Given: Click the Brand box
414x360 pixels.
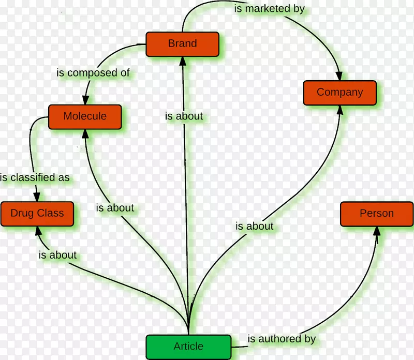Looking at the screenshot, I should (x=182, y=43).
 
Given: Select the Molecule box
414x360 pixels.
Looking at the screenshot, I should (x=85, y=116).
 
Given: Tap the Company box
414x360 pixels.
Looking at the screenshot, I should (x=339, y=93).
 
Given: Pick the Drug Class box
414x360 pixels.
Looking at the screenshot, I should (x=37, y=213).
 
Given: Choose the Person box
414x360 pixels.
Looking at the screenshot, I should (x=376, y=214).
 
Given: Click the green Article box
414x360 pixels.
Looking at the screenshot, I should (x=188, y=346).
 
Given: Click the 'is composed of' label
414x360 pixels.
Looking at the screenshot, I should (x=93, y=73).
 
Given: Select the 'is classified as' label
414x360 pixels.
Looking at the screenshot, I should (x=35, y=177).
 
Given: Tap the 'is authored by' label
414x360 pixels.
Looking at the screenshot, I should (x=282, y=339).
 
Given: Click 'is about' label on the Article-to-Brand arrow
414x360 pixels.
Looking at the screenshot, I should (x=184, y=116).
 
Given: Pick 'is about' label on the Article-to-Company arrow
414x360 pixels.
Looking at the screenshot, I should (x=254, y=226).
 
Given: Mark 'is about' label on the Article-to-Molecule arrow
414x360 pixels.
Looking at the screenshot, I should (x=115, y=208).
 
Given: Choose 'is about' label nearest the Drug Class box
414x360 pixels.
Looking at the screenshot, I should (x=57, y=254).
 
